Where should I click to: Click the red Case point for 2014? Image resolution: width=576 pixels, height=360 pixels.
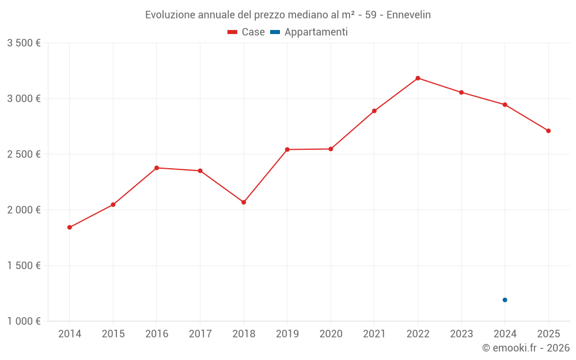point(70,228)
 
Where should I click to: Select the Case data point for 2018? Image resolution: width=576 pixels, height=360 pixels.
point(244,202)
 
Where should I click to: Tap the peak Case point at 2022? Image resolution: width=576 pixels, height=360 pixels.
point(418,78)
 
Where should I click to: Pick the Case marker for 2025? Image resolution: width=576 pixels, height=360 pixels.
point(548,131)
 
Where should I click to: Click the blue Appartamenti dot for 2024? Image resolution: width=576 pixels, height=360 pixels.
point(505,300)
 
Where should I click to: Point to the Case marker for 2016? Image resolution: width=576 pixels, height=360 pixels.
point(157,168)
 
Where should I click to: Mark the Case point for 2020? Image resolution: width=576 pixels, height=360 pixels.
point(331,149)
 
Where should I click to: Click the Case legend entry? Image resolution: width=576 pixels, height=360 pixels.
point(247,32)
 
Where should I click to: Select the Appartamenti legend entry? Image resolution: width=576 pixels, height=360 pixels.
point(309,32)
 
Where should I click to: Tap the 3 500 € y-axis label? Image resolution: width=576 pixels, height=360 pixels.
point(24,43)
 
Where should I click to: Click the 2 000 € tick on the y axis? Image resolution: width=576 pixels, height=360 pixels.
point(24,210)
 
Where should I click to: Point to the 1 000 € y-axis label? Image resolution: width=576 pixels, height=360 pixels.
point(24,321)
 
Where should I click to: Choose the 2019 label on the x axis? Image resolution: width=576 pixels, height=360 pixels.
point(287,334)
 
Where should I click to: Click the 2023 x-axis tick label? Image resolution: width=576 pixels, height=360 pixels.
point(461,334)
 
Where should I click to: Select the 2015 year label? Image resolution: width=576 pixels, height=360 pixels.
point(113,334)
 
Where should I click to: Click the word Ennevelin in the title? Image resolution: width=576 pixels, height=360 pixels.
point(408,15)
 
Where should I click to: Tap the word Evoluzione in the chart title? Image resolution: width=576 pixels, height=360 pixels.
point(170,15)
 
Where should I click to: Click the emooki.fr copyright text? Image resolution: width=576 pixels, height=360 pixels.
point(526,348)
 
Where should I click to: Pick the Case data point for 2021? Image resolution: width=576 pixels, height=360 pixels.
point(374,111)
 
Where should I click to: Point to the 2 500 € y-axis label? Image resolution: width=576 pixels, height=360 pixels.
point(24,154)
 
